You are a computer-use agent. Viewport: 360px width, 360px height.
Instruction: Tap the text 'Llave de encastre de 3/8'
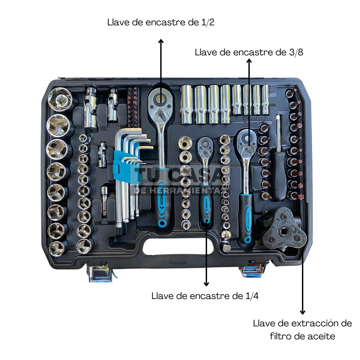click(249, 52)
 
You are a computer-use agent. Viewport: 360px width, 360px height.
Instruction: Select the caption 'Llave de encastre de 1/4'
click(205, 296)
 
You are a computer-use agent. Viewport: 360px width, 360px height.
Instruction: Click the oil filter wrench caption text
click(302, 330)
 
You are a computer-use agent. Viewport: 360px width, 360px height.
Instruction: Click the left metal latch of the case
click(100, 273)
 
